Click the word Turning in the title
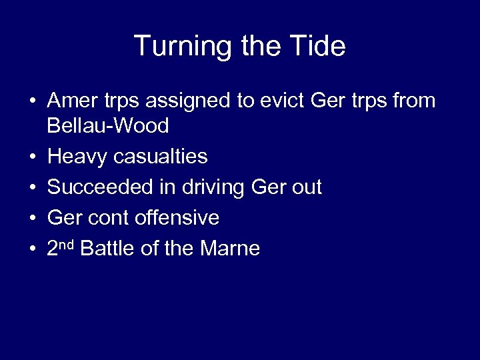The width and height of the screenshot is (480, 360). [x=181, y=46]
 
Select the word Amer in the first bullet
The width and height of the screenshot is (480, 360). [x=71, y=101]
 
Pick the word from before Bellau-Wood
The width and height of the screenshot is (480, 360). [x=412, y=101]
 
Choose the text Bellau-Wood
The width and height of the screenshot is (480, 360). [x=108, y=125]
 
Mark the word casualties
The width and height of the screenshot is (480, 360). [x=161, y=157]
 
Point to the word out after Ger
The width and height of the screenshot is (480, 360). [x=307, y=187]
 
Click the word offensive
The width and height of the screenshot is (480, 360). [x=177, y=218]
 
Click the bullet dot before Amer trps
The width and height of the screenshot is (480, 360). [x=32, y=101]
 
